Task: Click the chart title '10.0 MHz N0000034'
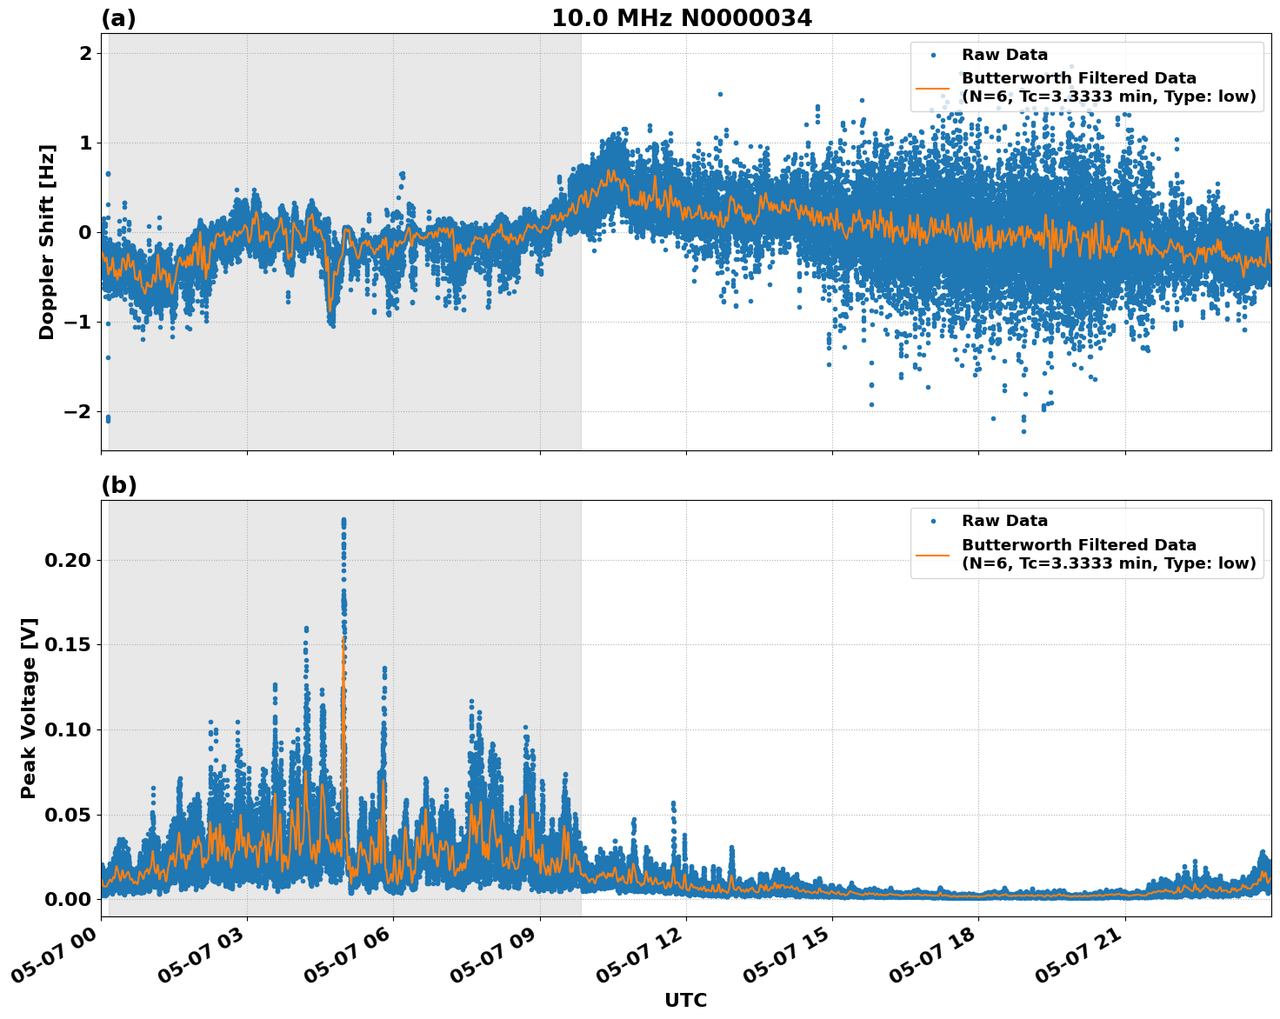tap(681, 18)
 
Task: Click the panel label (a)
tap(118, 18)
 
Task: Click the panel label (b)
tap(118, 485)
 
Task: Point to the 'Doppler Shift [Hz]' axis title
tap(47, 242)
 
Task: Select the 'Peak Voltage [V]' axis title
tap(29, 708)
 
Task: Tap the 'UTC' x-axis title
tap(685, 1000)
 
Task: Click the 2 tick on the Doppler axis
tap(85, 53)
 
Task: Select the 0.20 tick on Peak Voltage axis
tap(67, 560)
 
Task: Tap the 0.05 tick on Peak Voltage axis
tap(67, 815)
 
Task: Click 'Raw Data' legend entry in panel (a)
tap(1004, 55)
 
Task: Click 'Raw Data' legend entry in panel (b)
tap(1004, 521)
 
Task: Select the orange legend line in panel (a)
tap(932, 88)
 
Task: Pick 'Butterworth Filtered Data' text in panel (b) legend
tap(1078, 545)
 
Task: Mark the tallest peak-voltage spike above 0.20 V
tap(343, 522)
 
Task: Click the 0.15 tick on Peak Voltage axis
tap(67, 644)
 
